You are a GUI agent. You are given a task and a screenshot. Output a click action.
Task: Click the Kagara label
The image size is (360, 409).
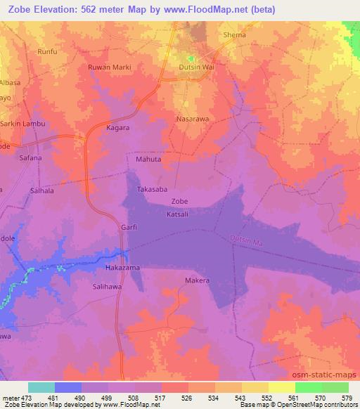click(x=118, y=129)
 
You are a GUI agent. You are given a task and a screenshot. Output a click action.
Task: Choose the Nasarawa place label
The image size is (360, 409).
click(x=192, y=119)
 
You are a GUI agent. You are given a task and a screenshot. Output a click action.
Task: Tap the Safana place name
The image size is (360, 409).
click(x=30, y=158)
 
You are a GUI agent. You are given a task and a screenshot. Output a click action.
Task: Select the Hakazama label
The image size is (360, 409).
click(x=122, y=268)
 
